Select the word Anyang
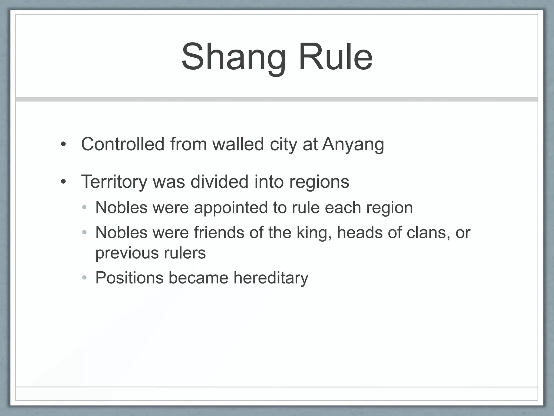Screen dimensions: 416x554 pos(353,144)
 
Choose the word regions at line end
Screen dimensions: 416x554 pos(319,182)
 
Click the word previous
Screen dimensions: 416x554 pos(127,253)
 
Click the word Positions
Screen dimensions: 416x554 pos(129,278)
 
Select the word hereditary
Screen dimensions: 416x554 pos(271,278)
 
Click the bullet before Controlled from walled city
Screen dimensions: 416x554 pos(63,144)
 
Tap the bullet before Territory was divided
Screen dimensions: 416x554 pos(63,182)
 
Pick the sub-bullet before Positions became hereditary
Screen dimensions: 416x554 pos(84,278)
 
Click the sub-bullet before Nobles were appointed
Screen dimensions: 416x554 pos(84,208)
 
